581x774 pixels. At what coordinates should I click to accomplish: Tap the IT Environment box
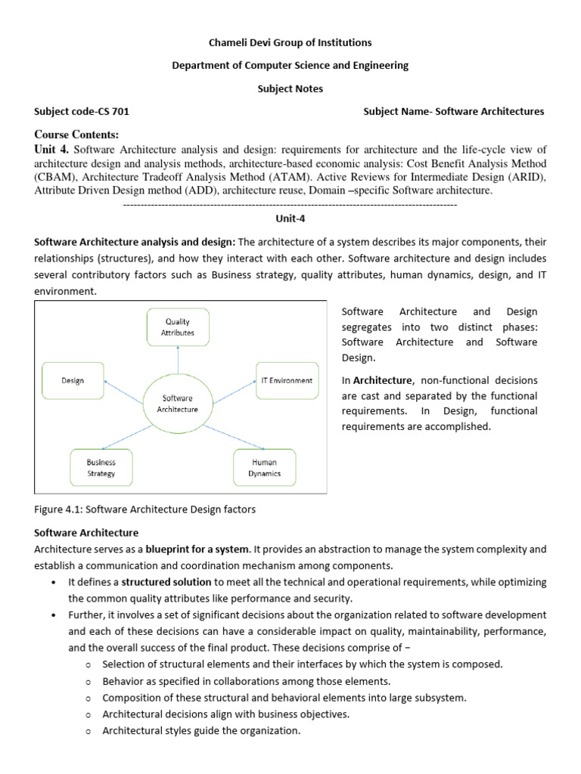(x=286, y=381)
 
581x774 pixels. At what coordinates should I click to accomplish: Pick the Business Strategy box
(x=101, y=467)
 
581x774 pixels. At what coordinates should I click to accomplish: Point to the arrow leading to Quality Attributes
(x=178, y=359)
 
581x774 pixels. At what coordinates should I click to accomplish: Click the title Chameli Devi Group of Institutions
(x=290, y=42)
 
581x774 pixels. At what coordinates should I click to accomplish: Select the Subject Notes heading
(x=290, y=88)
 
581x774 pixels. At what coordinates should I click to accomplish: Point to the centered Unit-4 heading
(x=290, y=218)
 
